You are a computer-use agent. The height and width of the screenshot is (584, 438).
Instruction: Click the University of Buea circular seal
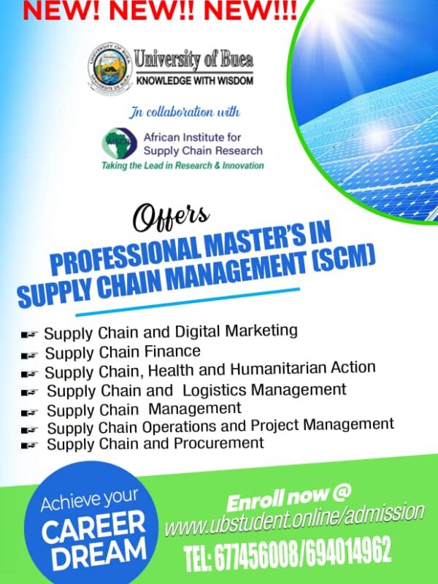tap(110, 69)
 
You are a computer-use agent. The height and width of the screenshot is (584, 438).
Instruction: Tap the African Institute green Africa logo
tap(120, 142)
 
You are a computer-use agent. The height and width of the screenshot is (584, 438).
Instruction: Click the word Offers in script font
tap(171, 217)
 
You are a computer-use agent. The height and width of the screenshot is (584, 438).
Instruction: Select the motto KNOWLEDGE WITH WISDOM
tap(194, 80)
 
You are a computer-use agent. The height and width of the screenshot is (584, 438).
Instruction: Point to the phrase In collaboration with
tap(185, 112)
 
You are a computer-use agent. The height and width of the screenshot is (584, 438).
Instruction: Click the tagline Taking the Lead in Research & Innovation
tap(183, 166)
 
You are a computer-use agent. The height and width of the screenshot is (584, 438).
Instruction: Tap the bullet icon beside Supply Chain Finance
tap(30, 355)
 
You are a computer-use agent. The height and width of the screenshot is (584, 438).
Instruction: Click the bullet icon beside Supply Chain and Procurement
tap(30, 445)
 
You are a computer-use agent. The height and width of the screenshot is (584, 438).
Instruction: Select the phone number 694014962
tap(346, 550)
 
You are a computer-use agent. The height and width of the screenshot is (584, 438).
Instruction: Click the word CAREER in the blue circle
tap(93, 526)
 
